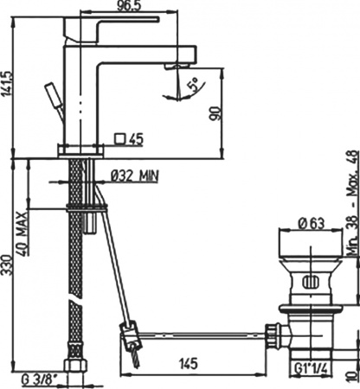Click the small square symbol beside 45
[121, 137]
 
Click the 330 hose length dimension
[8, 263]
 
